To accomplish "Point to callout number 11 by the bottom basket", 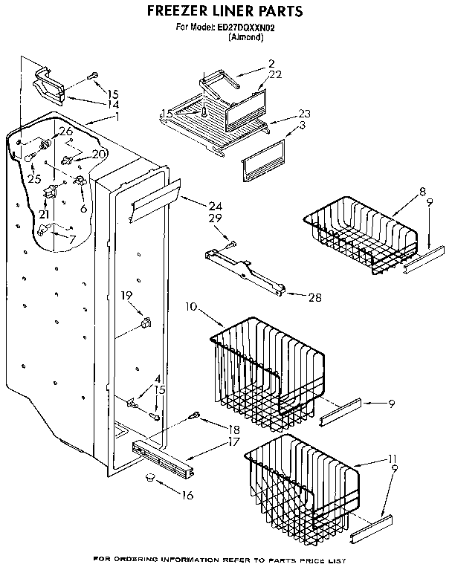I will pyautogui.click(x=392, y=459).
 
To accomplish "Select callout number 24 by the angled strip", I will pyautogui.click(x=216, y=206).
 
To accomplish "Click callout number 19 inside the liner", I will pyautogui.click(x=126, y=295).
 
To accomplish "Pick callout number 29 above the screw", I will pyautogui.click(x=215, y=218).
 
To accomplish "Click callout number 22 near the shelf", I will pyautogui.click(x=276, y=74).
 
